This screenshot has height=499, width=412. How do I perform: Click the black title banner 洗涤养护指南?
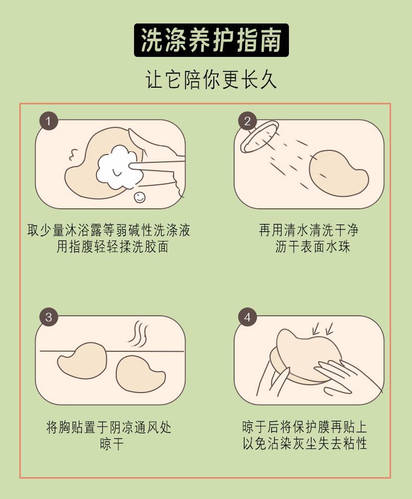[x=211, y=40]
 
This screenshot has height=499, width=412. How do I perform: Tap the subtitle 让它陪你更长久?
[x=211, y=79]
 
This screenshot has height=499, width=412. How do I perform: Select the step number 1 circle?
[x=49, y=121]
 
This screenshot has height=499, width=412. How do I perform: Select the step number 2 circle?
[x=248, y=121]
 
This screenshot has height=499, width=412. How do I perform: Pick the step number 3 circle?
[x=49, y=317]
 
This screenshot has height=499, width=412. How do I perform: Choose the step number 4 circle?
[x=248, y=317]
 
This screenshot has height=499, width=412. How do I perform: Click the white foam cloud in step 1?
[x=119, y=167]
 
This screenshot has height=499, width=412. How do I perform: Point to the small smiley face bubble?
[x=140, y=197]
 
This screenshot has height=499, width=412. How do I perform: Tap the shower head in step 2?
[x=259, y=137]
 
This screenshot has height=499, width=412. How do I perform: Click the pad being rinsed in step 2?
[x=338, y=173]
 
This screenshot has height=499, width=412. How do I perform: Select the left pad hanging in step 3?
[x=82, y=360]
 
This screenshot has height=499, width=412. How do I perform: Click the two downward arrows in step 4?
[x=322, y=329]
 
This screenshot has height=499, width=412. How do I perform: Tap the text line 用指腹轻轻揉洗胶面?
[x=113, y=247]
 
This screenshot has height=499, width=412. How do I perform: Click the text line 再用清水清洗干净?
[x=309, y=230]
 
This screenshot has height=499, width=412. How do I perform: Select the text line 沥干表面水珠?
[x=312, y=247]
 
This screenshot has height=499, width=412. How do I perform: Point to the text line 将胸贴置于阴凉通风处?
[x=108, y=427]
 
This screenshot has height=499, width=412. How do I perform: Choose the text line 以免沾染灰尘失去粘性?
[x=305, y=443]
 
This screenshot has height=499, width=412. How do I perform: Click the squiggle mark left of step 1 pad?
[x=74, y=155]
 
